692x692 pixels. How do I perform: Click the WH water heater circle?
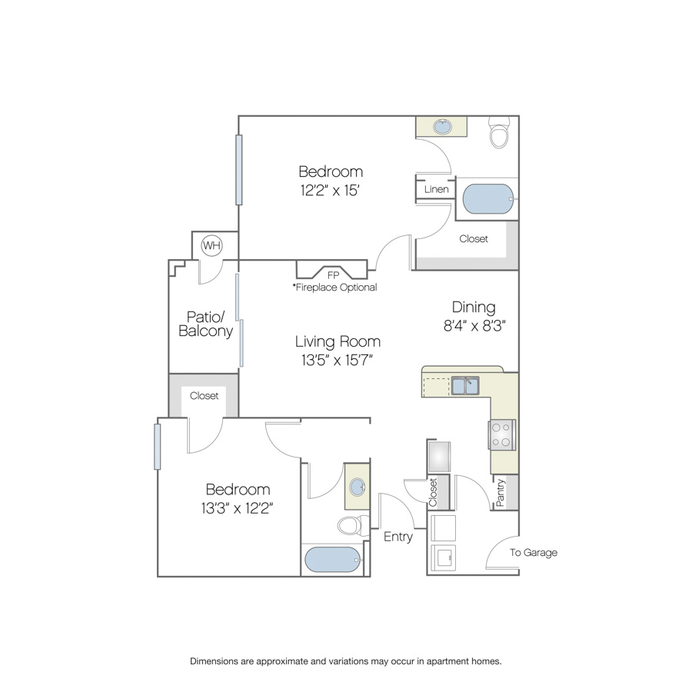tap(212, 245)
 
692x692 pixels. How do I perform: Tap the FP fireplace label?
tap(333, 275)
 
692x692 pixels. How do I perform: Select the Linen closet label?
tap(437, 189)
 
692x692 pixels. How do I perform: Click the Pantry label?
tap(500, 493)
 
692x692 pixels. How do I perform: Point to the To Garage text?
tap(534, 553)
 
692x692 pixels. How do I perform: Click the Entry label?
tap(398, 537)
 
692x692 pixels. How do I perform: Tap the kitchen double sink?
tap(465, 386)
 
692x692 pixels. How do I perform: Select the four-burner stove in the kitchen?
tap(502, 434)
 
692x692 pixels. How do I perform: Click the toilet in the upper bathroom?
tap(499, 132)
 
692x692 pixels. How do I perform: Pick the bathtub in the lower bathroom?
tap(333, 560)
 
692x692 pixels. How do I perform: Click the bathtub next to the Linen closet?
tap(488, 198)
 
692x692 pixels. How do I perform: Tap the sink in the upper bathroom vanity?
tap(442, 127)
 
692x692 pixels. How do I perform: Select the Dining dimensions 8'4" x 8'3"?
tap(474, 326)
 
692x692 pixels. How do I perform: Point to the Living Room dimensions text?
tap(338, 360)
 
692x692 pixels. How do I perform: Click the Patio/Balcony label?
tap(205, 324)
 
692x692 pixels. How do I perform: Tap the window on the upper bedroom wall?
tap(239, 170)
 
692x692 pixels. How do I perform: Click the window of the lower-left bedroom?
tap(157, 447)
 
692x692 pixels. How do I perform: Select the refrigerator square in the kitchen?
tap(439, 456)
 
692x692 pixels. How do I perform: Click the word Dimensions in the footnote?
tap(214, 661)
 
